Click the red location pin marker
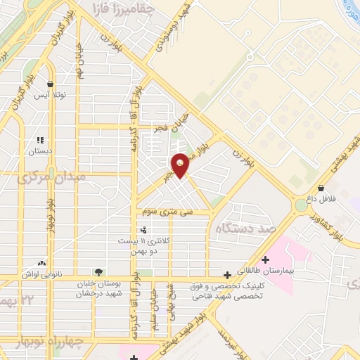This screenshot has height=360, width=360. pyautogui.click(x=181, y=165)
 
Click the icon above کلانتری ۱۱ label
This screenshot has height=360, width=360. pyautogui.click(x=144, y=230)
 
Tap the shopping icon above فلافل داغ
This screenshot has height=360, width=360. pyautogui.click(x=321, y=188)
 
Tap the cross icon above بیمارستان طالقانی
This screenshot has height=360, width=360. pyautogui.click(x=265, y=259)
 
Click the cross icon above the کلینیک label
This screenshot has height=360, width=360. pyautogui.click(x=226, y=274)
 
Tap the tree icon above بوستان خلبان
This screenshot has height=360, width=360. pyautogui.click(x=98, y=272)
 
